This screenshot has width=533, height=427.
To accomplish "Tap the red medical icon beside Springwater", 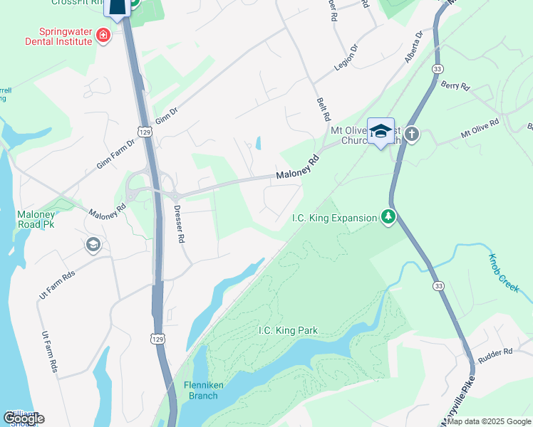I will tap(103, 34).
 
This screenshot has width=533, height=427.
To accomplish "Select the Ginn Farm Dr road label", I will tap(115, 154).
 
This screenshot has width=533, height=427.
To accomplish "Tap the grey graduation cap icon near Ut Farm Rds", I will tap(92, 245).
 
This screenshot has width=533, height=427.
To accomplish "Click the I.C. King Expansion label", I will tap(333, 218).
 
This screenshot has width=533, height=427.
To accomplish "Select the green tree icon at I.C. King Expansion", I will tap(388, 216).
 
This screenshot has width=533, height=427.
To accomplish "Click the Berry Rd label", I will tap(455, 86).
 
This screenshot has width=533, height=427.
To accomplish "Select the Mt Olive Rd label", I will tap(480, 128).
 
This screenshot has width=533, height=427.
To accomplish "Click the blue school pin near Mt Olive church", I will tap(381, 131).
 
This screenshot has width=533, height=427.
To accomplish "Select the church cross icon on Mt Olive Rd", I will tap(412, 134).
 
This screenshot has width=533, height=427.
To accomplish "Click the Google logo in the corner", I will tap(24, 418).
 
